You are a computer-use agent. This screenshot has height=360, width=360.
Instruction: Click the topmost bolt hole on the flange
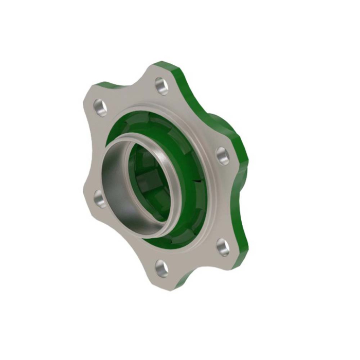[x=162, y=85]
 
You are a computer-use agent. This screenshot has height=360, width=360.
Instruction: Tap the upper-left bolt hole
[x=100, y=108]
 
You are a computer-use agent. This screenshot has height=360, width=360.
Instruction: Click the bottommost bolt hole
[x=161, y=267]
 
